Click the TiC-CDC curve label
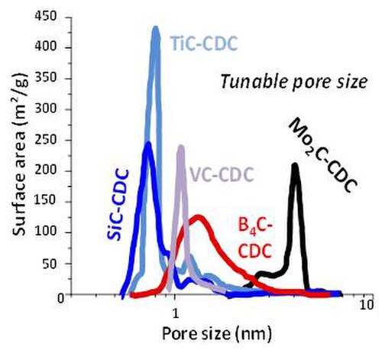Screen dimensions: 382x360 pos(204,44)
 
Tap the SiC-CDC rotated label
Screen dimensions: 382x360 pos(118,204)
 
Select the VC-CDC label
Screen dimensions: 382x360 pos(222,174)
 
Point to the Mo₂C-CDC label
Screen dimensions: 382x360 pos(322,155)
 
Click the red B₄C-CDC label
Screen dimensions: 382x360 pos(255,239)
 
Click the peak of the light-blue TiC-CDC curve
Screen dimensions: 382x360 pos(156,28)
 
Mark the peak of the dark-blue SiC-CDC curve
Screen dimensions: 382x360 pos(148,144)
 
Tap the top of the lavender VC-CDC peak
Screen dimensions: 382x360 pos(181,147)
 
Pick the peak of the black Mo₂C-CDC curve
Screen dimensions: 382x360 pos(295,165)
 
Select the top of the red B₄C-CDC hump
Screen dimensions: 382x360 pos(198,217)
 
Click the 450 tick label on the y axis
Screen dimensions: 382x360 pos(46,17)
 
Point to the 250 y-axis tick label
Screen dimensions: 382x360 pos(46,140)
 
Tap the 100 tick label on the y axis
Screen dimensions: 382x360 pos(46,232)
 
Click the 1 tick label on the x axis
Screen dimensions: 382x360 pos(175,314)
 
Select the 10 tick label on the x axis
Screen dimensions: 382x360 pos(367,304)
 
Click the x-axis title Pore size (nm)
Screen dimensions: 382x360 pos(217,333)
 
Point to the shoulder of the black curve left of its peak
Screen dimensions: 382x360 pos(266,274)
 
